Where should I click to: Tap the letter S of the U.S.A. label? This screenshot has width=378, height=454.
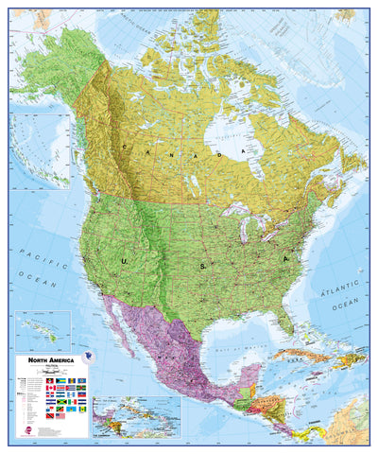[x=200, y=267]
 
